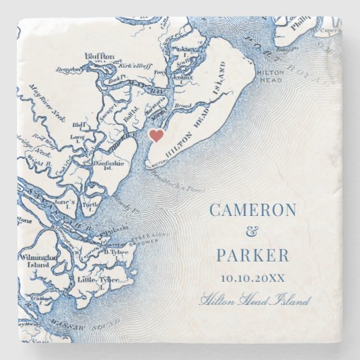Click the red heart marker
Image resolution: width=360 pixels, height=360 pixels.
point(156,135)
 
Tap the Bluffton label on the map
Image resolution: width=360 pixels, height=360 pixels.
point(101,56)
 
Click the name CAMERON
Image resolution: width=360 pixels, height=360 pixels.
point(253,210)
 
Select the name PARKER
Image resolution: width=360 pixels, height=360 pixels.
point(253,256)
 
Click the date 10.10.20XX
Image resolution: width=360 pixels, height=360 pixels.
point(253,278)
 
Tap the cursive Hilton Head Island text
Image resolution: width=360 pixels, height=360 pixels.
point(255,300)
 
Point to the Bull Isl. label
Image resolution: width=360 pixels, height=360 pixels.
point(132,118)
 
